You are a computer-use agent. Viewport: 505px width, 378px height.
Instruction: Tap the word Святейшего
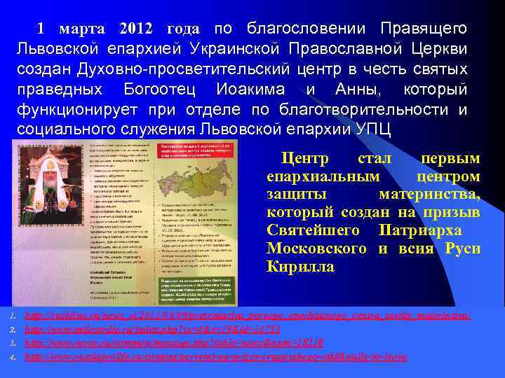click(315, 230)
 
